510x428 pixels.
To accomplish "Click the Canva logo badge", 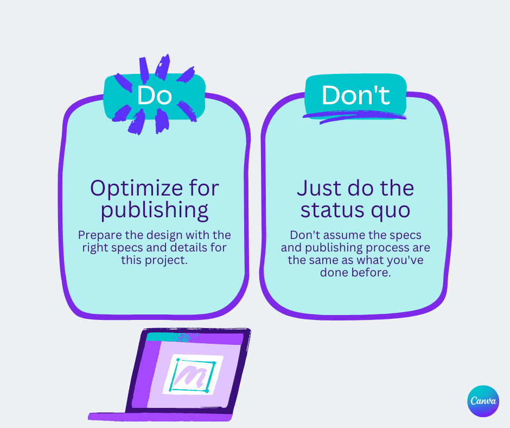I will [483, 401].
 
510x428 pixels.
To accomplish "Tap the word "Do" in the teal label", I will [155, 95].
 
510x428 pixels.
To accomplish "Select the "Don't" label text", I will [355, 95].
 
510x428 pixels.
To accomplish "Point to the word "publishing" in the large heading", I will [155, 211].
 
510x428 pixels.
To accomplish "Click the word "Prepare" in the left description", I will [98, 235].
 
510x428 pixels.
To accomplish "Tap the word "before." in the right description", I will [371, 273].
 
